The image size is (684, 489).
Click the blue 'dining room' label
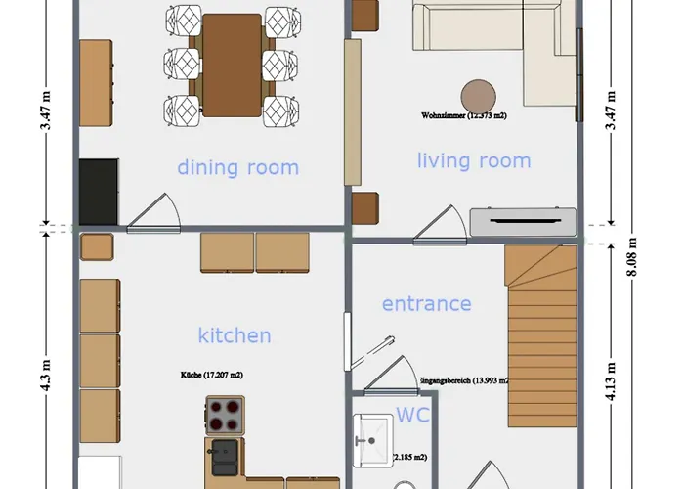tap(237, 167)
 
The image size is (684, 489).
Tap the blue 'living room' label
tap(474, 160)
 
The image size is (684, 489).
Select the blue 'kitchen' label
tap(235, 335)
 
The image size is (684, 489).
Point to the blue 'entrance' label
tap(426, 304)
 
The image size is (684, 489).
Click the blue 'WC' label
tap(412, 415)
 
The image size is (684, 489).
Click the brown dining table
tap(232, 65)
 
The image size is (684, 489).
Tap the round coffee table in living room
tap(480, 96)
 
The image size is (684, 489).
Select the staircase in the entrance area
tap(540, 323)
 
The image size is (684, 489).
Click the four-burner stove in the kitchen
tap(226, 414)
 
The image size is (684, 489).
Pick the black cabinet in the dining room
tap(98, 193)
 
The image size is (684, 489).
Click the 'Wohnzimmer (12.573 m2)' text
tap(464, 115)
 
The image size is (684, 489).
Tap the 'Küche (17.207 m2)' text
tap(212, 375)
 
